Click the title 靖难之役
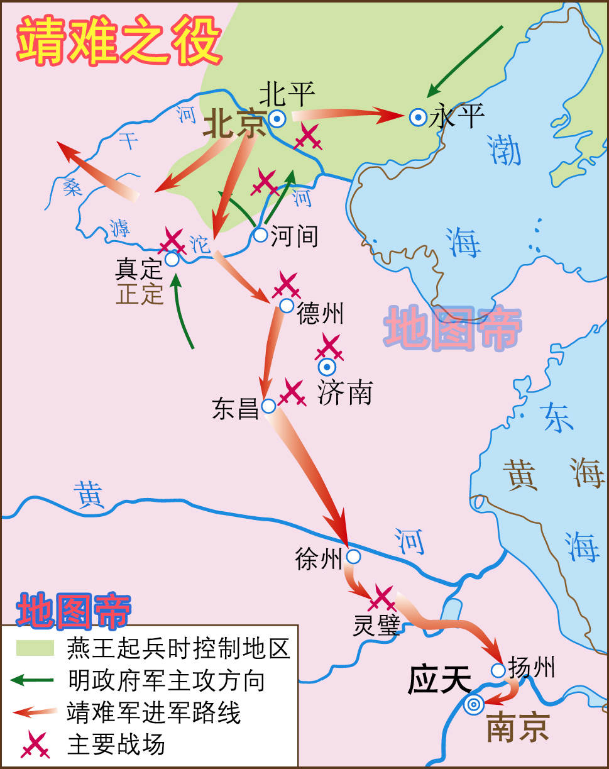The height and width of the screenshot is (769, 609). coord(119,40)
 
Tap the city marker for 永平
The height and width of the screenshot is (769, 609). coord(418,117)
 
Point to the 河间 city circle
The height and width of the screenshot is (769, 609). coord(260,235)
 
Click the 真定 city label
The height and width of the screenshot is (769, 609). coord(139,270)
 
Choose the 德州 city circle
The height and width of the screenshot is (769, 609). coord(287,306)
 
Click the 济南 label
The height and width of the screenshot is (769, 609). coord(344,393)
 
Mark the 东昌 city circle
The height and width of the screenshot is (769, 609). coord(268,406)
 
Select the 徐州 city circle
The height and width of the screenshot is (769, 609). coord(353,556)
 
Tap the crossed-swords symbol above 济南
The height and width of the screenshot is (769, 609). coord(329,346)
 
